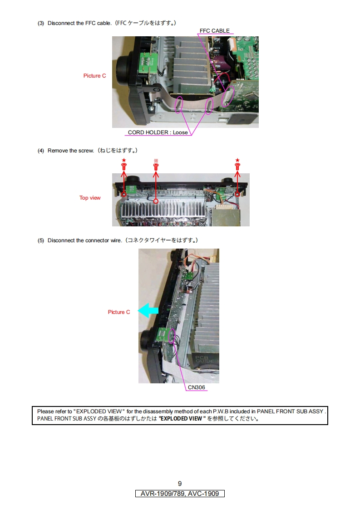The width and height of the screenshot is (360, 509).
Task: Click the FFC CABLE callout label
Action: point(214,31)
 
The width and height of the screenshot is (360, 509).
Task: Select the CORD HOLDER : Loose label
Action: point(158,132)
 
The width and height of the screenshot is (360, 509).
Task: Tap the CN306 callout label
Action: point(196,387)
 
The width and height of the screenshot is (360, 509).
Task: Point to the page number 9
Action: point(180,484)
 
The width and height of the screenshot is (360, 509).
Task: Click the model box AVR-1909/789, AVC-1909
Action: point(180,494)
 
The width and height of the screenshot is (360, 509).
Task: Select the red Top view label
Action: point(90,198)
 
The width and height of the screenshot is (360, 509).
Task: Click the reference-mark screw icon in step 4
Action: point(156,166)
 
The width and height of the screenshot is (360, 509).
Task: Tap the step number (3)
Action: point(41,23)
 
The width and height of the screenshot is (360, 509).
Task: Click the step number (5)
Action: point(41,240)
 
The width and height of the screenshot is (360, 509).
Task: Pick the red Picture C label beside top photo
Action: point(94,76)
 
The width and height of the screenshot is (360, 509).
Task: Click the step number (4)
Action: point(41,151)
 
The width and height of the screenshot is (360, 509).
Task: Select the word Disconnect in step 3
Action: point(60,23)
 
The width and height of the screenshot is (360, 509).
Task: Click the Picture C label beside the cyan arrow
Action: point(119,312)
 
